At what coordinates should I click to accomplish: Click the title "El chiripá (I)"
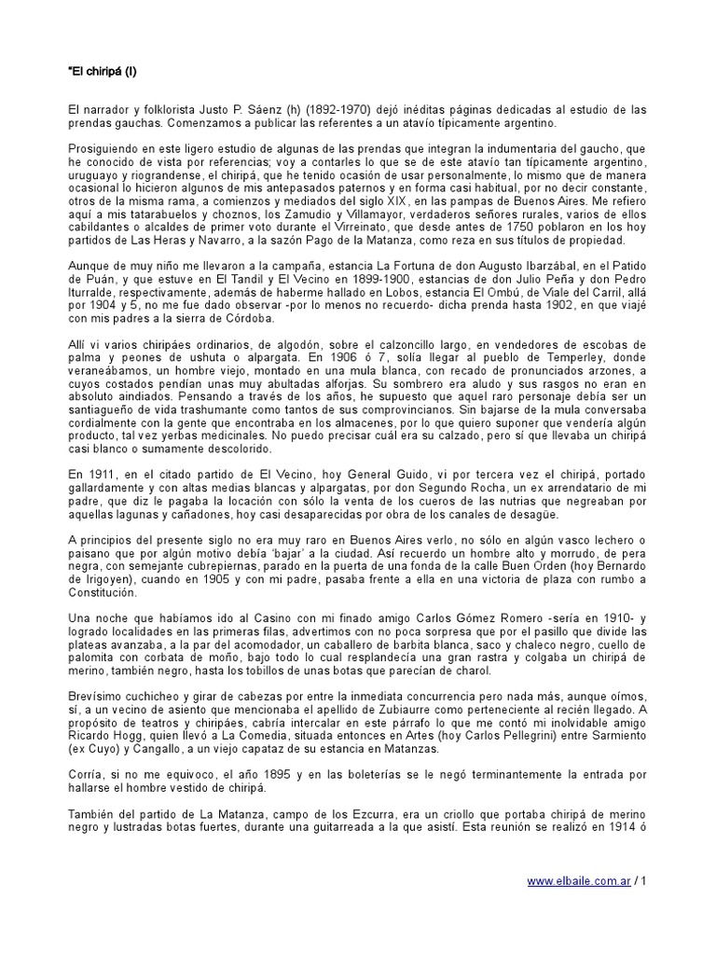pos(103,71)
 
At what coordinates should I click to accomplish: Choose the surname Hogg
pos(131,733)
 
